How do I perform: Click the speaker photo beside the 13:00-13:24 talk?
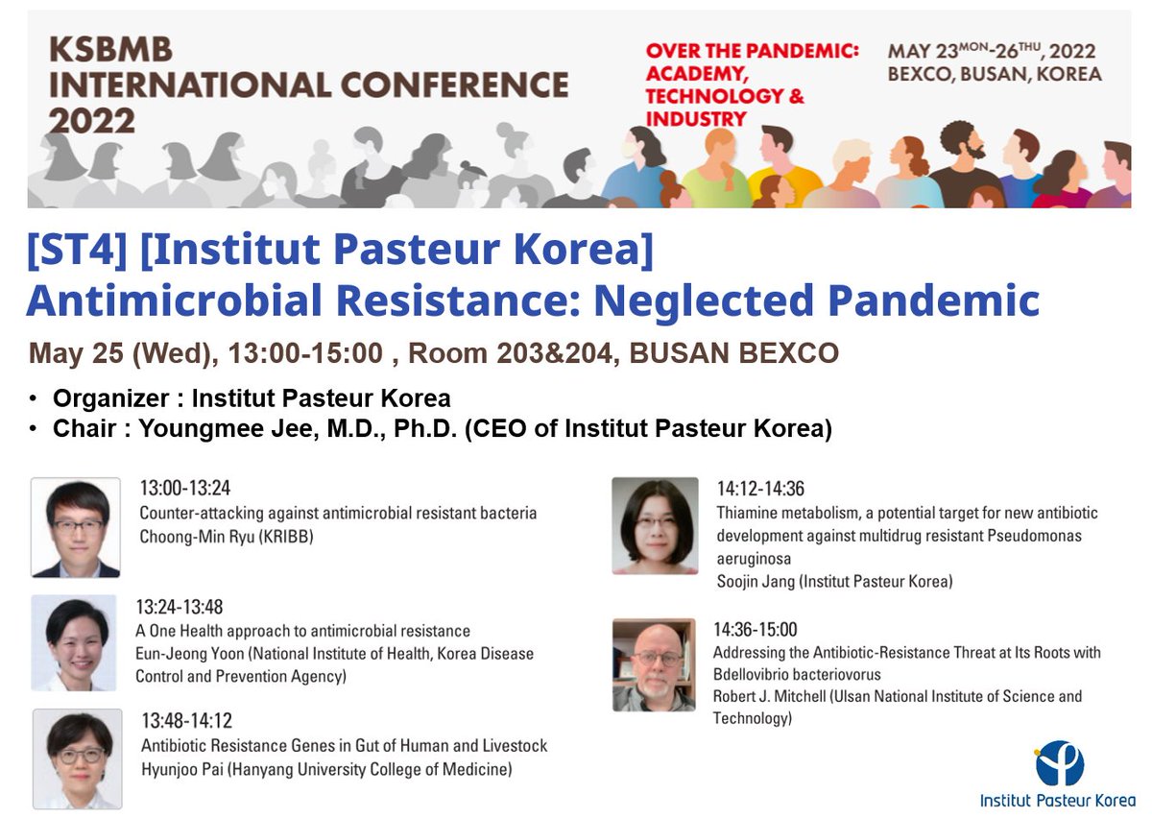(76, 527)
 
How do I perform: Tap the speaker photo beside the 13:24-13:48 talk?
(75, 643)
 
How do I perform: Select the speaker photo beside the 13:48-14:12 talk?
(77, 758)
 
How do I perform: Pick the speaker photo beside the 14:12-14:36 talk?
(655, 525)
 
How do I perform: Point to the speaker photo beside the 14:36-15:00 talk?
(654, 664)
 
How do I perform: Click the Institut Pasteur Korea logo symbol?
(1059, 763)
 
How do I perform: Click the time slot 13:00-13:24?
(185, 488)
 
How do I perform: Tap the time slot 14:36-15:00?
(755, 630)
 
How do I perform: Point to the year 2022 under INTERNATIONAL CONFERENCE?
(92, 120)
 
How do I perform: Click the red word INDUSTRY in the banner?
(696, 119)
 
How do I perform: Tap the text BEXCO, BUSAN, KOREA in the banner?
(994, 75)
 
